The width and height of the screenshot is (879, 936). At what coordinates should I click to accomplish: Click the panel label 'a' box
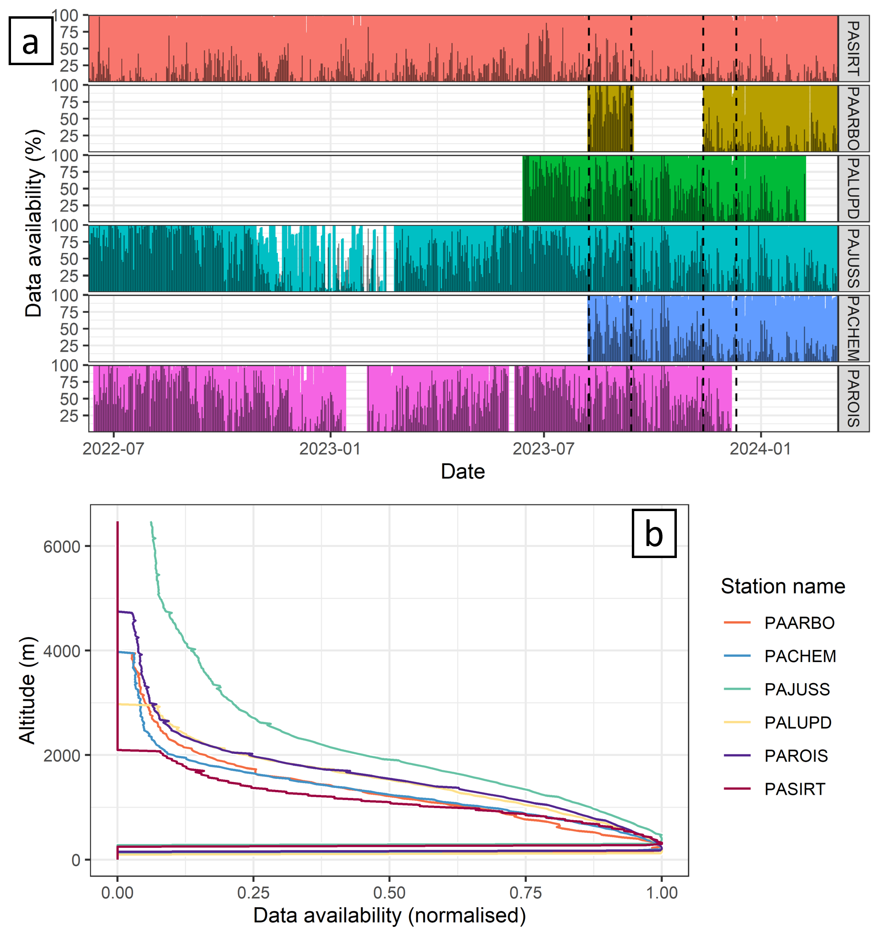pos(31,41)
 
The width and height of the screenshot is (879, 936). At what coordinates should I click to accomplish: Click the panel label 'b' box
pos(654,533)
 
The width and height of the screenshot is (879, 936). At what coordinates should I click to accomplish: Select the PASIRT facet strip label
pos(853,48)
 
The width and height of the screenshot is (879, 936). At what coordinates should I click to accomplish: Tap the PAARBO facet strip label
pos(853,118)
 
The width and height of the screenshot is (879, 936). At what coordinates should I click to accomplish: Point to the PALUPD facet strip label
pos(853,188)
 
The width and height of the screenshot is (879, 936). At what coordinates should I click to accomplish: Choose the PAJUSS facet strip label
pos(853,258)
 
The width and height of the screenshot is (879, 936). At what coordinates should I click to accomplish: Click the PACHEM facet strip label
pos(853,329)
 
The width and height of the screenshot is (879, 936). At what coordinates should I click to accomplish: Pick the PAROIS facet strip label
pos(853,399)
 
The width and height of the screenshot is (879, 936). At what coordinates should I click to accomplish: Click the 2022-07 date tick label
pos(114,449)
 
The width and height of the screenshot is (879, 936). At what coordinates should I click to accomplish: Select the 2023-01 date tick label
pos(330,449)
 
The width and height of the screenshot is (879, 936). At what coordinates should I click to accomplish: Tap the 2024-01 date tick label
pos(761,449)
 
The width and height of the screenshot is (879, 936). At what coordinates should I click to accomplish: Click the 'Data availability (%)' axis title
pos(34,223)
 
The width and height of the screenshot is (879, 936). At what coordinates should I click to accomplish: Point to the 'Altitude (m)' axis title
pos(27,690)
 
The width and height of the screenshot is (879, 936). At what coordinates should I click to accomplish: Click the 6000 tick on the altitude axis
pos(62,547)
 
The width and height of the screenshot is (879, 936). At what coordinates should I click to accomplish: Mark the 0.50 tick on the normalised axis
pos(389,893)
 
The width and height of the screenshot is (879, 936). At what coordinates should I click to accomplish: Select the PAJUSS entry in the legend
pos(797,689)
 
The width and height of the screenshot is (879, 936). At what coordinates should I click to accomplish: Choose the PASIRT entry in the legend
pos(795,789)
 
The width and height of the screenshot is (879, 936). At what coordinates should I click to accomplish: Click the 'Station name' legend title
pos(783,586)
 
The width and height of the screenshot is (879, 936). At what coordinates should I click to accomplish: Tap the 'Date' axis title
pos(463,471)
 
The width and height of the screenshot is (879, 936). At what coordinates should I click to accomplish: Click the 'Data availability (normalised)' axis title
pos(389,915)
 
